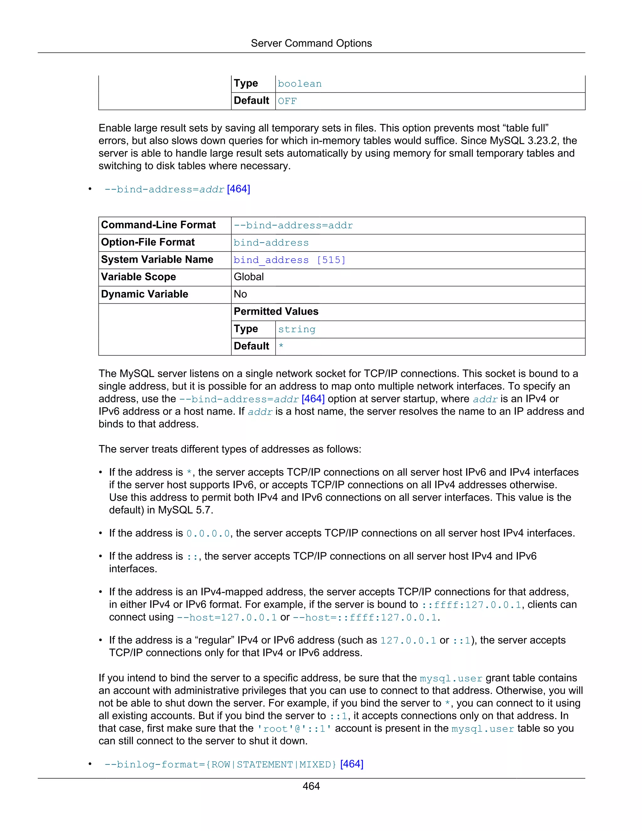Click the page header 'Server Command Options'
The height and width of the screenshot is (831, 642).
point(311,43)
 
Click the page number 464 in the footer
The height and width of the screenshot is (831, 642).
point(311,786)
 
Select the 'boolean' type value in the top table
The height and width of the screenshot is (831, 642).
point(300,84)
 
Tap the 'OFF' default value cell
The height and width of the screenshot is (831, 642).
point(287,102)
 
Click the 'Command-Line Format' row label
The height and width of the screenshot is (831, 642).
point(158,225)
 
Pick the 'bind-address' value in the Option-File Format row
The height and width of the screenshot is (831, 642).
point(271,243)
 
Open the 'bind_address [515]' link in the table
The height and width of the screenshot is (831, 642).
point(289,260)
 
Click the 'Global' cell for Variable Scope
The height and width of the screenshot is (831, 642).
point(249,277)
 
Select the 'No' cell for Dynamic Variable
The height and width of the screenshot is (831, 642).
point(240,294)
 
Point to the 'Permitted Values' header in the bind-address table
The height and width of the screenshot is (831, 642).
point(276,312)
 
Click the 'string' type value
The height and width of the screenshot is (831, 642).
point(297,330)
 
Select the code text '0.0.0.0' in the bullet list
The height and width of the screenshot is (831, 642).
point(208,534)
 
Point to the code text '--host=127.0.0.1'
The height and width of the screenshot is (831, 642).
point(227,617)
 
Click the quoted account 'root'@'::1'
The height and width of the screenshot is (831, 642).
point(294,729)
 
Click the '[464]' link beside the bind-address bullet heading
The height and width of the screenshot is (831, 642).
point(239,189)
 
